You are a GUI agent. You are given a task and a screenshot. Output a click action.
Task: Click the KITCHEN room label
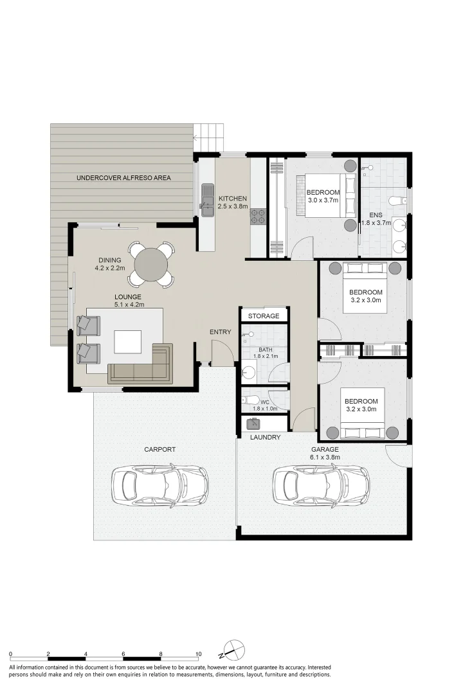click(233, 199)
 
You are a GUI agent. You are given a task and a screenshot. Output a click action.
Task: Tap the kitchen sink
click(207, 200)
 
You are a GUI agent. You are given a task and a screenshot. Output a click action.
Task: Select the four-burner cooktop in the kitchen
click(258, 215)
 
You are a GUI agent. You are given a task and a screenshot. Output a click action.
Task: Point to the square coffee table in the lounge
click(127, 342)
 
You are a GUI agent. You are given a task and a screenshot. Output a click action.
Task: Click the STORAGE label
click(264, 316)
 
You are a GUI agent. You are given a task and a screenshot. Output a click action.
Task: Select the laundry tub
click(254, 424)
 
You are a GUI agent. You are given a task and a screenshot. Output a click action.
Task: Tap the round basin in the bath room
click(248, 373)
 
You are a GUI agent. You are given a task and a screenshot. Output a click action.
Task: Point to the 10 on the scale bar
click(199, 654)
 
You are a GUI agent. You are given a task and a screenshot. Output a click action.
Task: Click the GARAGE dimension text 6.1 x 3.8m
click(325, 458)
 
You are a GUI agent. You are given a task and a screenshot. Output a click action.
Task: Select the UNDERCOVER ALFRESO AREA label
click(123, 178)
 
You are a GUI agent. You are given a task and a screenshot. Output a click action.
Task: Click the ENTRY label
click(220, 332)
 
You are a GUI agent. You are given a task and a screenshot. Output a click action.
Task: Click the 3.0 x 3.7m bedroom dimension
click(323, 200)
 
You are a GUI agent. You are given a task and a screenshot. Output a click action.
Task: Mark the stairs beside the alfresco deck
click(208, 138)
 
